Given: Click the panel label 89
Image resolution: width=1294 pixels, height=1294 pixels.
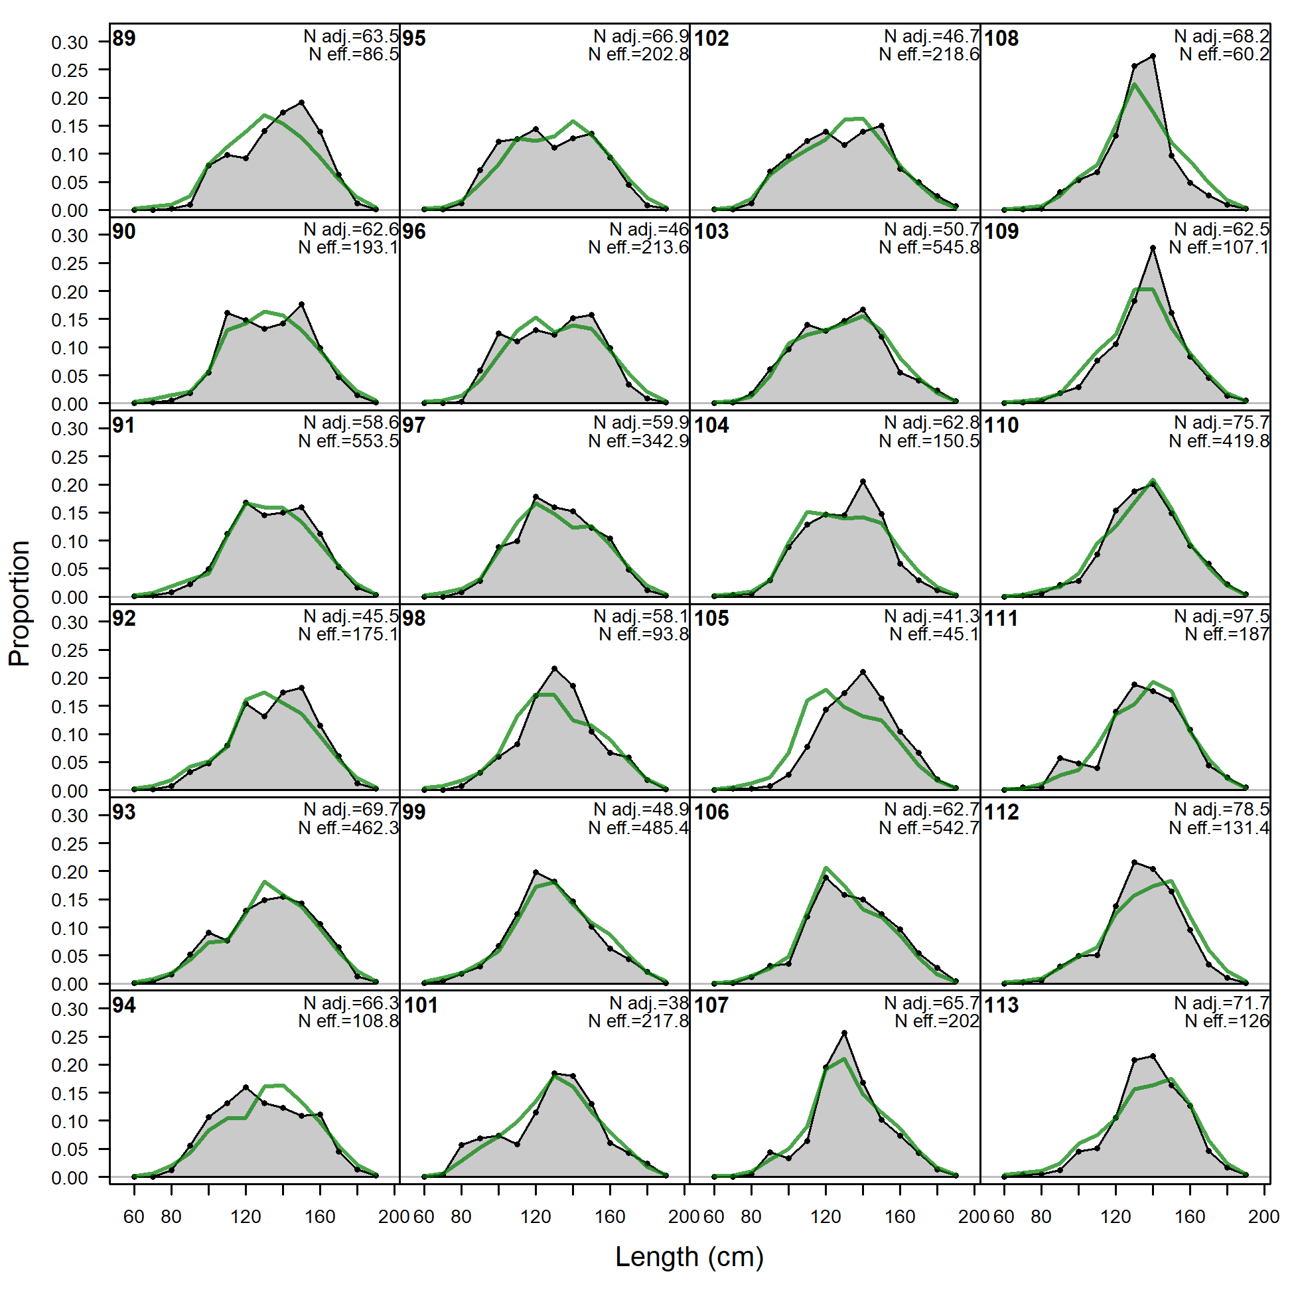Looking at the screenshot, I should click(124, 38).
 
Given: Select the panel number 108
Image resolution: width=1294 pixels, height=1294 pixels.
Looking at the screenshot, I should click(1001, 38).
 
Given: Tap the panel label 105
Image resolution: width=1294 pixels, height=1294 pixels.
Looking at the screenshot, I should click(711, 618).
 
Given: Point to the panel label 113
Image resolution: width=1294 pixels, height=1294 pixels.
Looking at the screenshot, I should click(1001, 1005).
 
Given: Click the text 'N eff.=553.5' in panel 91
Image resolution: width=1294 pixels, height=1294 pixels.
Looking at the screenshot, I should click(348, 441).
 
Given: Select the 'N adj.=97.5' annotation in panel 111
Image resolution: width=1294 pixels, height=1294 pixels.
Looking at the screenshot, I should click(1222, 616).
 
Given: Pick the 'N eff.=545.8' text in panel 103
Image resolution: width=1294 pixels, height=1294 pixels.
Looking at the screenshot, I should click(929, 248).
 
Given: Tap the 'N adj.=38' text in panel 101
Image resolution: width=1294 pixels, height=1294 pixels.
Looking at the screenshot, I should click(649, 1003).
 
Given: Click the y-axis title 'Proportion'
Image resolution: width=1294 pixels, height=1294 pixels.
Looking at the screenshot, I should click(19, 603).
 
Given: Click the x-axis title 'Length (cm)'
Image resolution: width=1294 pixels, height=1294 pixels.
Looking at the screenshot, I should click(689, 1256).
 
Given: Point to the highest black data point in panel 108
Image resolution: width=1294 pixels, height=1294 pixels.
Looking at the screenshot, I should click(1153, 56).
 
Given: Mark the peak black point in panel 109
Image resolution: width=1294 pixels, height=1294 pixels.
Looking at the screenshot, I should click(1153, 248).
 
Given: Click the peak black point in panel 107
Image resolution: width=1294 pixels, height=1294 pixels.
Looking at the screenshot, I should click(844, 1033).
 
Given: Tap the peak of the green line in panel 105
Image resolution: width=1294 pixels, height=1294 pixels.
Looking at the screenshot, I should click(826, 690).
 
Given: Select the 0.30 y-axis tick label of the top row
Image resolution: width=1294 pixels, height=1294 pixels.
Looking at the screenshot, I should click(70, 42).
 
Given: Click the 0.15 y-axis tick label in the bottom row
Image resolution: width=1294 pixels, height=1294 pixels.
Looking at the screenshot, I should click(70, 1094).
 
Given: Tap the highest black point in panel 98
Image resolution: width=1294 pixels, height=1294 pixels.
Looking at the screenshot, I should click(554, 668).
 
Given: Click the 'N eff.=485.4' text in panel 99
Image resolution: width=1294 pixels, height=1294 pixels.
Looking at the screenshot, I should click(638, 828).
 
